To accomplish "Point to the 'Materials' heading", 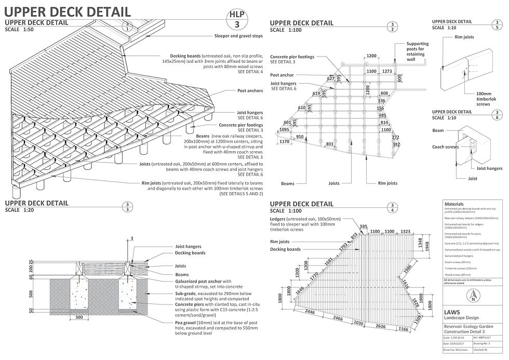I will point(455,204).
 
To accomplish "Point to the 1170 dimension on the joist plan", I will point(284,141).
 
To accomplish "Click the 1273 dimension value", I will point(386,71).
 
